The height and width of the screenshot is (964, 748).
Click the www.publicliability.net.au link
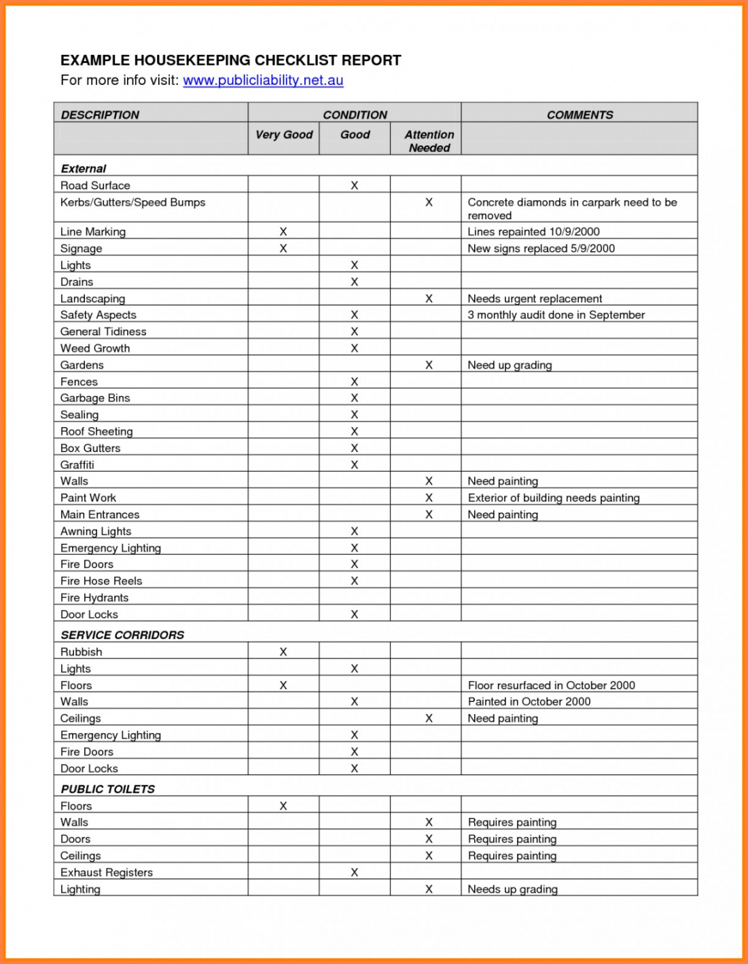(263, 80)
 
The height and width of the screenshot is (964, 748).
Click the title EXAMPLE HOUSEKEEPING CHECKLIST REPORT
(230, 60)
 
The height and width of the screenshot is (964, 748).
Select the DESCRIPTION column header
(100, 115)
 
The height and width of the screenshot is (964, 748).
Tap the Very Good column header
(283, 134)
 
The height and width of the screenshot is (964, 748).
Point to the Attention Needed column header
(429, 141)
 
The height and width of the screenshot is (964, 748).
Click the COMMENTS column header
(580, 115)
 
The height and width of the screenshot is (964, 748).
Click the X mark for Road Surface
(354, 185)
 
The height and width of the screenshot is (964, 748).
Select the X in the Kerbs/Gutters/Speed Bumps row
(429, 202)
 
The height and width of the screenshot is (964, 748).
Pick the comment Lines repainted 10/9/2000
(533, 231)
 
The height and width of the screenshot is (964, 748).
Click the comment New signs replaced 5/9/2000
(541, 248)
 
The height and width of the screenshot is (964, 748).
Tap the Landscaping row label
(92, 299)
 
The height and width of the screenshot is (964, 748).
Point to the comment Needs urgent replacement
(535, 299)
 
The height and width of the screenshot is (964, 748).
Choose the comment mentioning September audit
(556, 315)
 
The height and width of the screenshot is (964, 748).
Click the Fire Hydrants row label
(94, 597)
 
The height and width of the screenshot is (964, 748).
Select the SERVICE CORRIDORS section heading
(122, 635)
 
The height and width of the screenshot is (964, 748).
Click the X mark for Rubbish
(283, 652)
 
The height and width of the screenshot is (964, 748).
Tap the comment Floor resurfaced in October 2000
(551, 685)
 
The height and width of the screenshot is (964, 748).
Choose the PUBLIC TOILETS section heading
(107, 789)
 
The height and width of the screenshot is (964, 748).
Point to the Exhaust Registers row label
(107, 872)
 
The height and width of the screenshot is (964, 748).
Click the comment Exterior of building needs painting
(554, 498)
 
